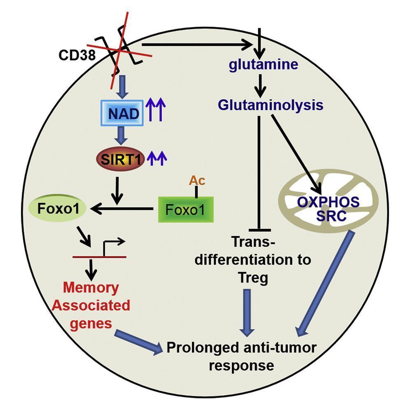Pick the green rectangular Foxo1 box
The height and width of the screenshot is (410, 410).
tap(186, 210)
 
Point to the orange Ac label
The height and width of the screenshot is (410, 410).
tap(197, 180)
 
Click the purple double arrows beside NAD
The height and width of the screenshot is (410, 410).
tap(156, 112)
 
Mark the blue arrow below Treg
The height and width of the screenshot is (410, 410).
tap(247, 311)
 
